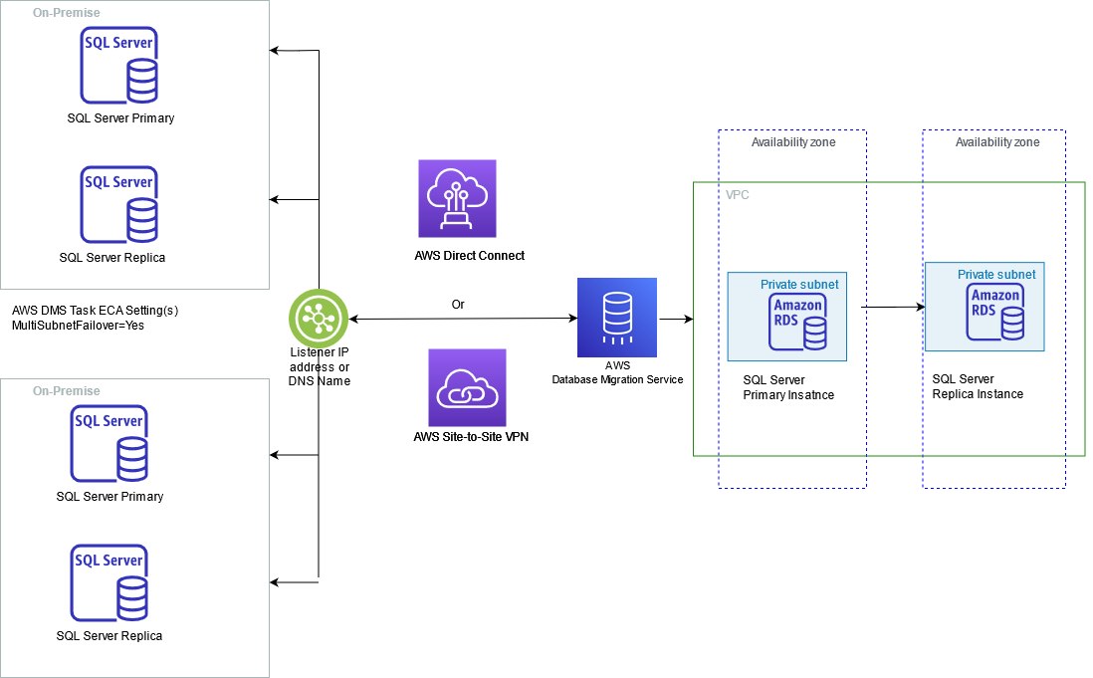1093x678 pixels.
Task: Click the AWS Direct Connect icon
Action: [457, 198]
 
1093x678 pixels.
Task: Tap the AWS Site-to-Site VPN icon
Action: [467, 387]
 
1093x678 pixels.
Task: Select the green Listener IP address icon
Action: [319, 319]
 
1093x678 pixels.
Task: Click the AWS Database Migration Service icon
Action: [617, 318]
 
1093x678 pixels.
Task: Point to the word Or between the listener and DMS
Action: [458, 305]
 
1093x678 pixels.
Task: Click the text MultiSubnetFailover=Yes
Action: [79, 326]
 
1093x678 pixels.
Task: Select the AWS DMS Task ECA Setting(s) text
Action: [95, 311]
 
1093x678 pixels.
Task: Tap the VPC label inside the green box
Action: [738, 195]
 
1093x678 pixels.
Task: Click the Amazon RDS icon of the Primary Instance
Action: [798, 321]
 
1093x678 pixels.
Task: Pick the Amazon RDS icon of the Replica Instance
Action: [995, 311]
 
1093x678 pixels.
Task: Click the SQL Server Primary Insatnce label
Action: [788, 388]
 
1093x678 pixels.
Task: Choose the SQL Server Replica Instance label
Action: [978, 386]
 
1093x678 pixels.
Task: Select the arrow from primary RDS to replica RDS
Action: [893, 308]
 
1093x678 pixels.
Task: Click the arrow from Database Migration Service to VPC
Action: [676, 320]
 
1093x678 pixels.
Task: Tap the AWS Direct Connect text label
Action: [470, 256]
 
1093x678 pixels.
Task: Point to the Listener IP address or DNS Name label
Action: [319, 367]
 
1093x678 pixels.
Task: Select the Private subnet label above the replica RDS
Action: [996, 274]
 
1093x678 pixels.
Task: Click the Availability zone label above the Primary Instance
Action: [793, 142]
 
